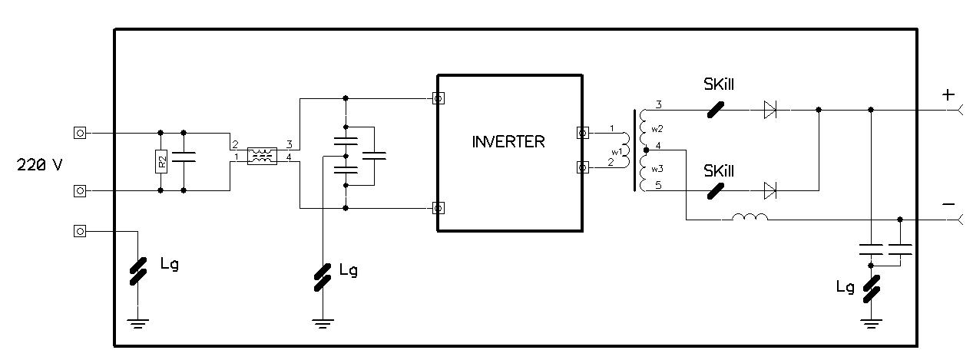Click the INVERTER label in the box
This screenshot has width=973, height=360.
tap(508, 141)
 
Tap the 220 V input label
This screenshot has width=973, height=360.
tap(39, 165)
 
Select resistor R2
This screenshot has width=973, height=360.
tap(161, 161)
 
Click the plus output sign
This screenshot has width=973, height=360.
tap(948, 94)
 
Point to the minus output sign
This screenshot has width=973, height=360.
tap(948, 203)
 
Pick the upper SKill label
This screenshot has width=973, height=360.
tap(719, 84)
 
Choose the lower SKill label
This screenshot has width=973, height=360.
tap(719, 171)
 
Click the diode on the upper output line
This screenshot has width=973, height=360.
tap(770, 110)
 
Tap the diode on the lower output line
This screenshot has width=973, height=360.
tap(770, 190)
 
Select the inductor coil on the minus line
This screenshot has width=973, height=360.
tap(750, 216)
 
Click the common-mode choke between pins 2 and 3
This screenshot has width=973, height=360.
tap(262, 157)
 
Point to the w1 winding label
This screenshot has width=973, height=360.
tap(617, 151)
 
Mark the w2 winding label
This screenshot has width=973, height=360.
tap(657, 129)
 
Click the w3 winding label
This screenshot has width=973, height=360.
tap(657, 169)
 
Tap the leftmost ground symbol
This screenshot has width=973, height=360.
tap(137, 324)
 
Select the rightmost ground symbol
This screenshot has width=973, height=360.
tap(871, 324)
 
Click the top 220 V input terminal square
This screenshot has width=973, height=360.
tap(80, 133)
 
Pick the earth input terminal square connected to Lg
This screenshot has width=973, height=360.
tap(80, 231)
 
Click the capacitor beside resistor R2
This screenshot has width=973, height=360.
tap(184, 157)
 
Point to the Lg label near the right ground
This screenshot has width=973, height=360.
tap(846, 287)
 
